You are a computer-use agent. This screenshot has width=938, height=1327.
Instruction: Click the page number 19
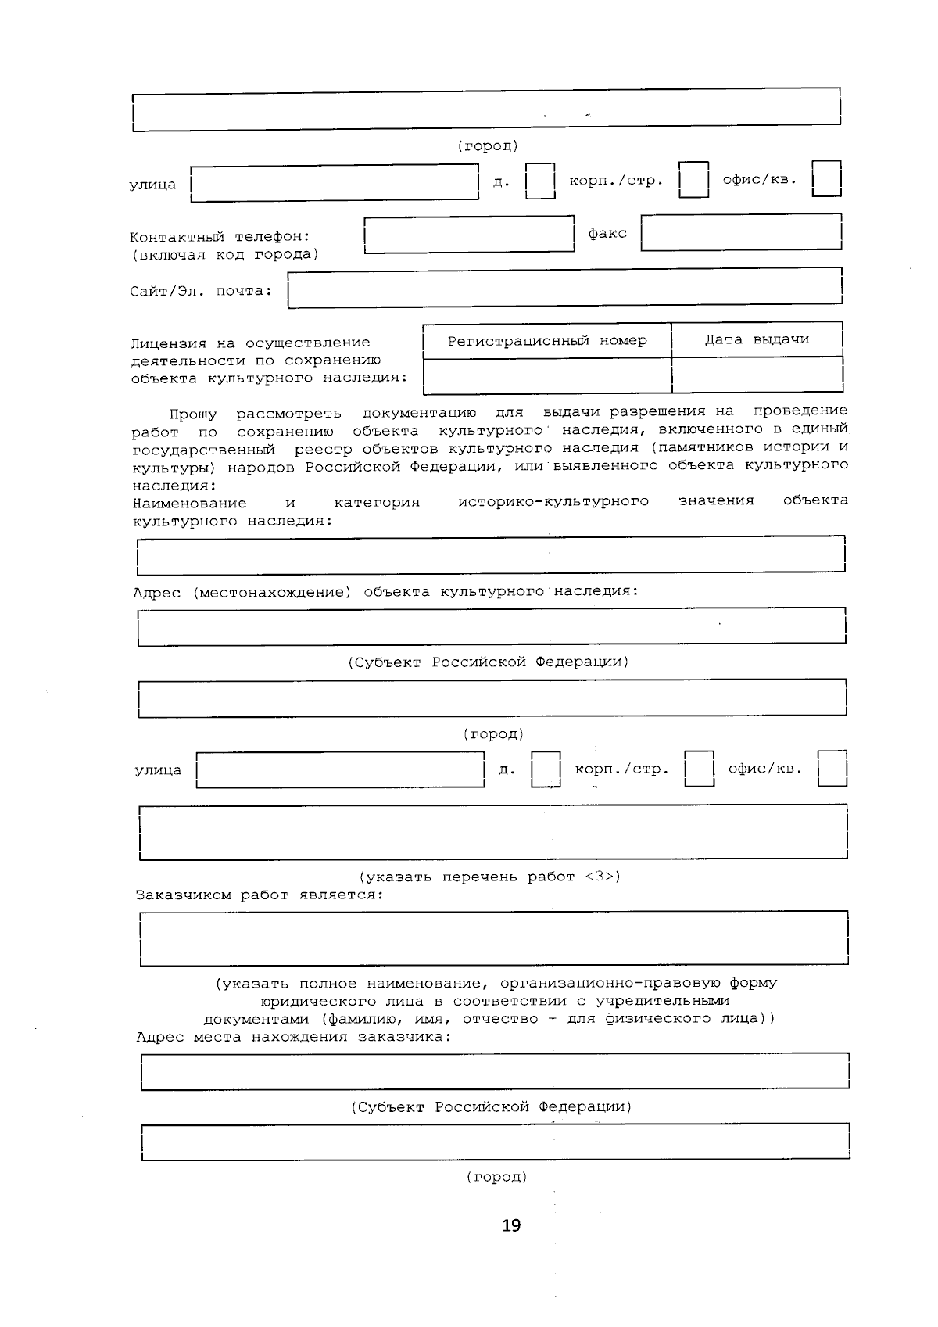[511, 1225]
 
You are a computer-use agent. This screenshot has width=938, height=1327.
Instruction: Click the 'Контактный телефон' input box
[469, 235]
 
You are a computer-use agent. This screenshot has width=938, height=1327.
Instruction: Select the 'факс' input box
[741, 232]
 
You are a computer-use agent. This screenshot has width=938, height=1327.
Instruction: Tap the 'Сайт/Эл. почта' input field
[564, 287]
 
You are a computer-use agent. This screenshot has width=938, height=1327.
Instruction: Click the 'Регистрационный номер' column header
[547, 341]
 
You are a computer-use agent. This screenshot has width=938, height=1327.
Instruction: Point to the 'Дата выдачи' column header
[757, 339]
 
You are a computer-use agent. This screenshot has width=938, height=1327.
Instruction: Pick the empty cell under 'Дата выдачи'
[757, 375]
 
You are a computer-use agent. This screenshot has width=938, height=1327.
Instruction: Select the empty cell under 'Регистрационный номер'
[547, 375]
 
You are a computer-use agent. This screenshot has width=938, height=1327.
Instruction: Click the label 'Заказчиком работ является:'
[260, 895]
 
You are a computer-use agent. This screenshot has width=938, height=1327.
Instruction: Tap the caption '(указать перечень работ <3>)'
[489, 877]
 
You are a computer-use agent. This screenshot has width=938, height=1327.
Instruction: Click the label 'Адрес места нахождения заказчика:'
[293, 1037]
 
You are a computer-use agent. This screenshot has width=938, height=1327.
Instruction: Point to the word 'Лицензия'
[168, 343]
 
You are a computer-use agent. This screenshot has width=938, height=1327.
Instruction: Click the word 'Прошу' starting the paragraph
[193, 412]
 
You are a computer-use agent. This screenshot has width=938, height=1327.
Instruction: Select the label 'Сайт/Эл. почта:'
[201, 292]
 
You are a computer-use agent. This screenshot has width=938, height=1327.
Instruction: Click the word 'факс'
[607, 233]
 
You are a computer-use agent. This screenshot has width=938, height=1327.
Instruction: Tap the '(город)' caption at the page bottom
[496, 1177]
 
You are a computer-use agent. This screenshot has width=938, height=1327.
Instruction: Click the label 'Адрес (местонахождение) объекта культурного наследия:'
[385, 591]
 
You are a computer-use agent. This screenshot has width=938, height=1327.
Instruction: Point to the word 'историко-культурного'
[553, 501]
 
